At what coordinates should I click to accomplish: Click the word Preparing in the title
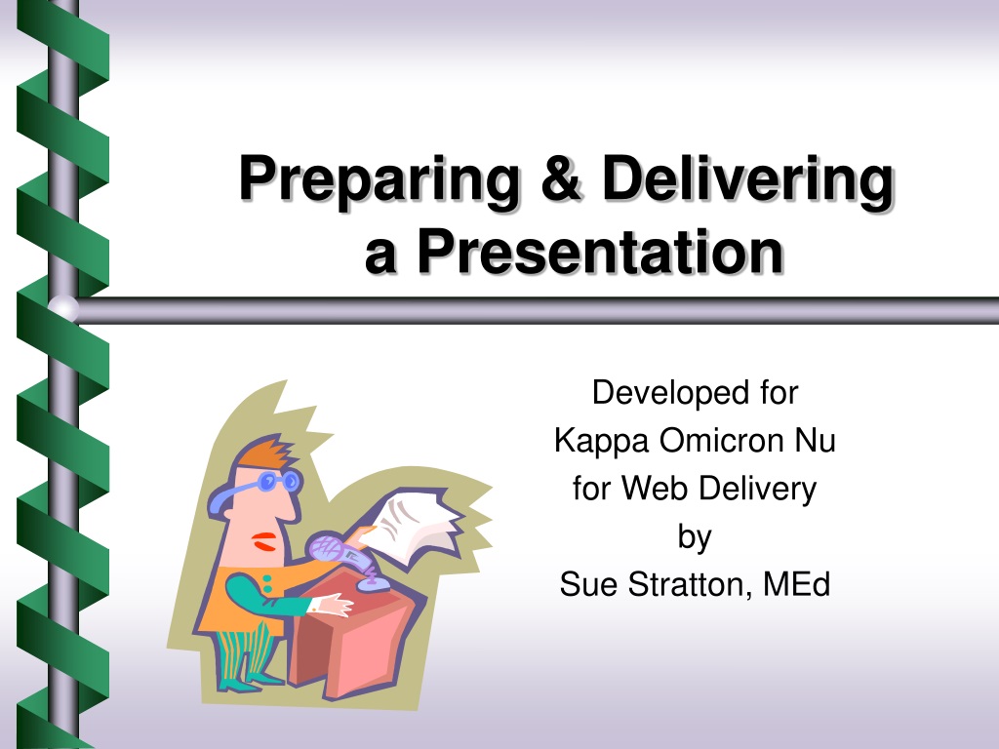[380, 179]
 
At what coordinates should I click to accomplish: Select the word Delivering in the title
[748, 179]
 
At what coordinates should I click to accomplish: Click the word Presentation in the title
[600, 252]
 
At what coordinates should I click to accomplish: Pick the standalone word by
[695, 537]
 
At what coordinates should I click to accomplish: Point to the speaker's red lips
[263, 542]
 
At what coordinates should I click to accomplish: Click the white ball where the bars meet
[63, 309]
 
